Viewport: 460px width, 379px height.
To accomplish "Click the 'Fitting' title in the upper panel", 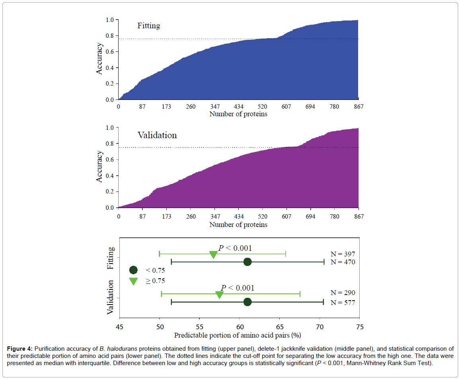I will (148, 26).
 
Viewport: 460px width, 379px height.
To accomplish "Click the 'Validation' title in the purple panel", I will (157, 135).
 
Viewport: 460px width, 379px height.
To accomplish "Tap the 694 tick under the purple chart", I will (310, 217).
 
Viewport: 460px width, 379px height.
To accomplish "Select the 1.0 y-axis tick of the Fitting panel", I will (110, 20).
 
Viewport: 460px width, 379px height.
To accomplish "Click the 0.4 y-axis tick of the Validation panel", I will (110, 176).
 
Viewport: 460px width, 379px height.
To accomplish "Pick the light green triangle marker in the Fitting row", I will (213, 255).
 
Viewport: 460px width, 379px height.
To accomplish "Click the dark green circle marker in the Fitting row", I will (247, 262).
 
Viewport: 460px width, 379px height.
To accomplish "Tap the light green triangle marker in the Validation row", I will (219, 295).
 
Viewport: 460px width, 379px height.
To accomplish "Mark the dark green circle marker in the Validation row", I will (247, 302).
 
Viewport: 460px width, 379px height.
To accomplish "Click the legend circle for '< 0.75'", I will (133, 270).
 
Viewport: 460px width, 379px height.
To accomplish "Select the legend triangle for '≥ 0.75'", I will (133, 281).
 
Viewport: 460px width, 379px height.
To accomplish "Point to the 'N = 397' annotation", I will (343, 254).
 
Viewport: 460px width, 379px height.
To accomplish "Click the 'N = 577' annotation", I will (343, 303).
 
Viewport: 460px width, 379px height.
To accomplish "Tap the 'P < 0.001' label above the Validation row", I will (237, 288).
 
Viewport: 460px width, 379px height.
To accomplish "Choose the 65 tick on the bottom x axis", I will (279, 327).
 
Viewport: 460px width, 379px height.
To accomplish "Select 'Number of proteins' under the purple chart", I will (238, 225).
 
